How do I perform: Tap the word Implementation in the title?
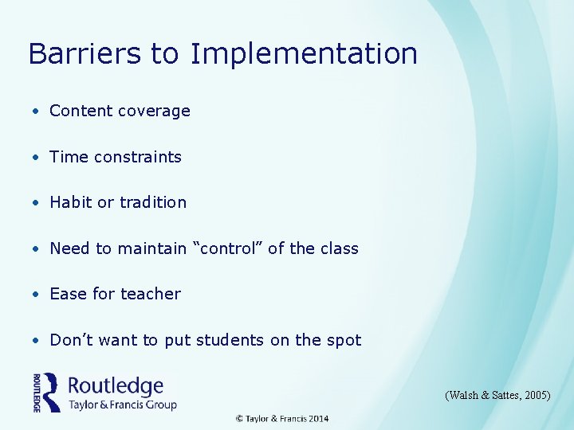tap(304, 54)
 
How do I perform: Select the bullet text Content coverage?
tap(120, 111)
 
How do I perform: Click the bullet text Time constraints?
tap(116, 157)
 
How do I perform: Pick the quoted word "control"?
tap(230, 248)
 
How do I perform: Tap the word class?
tap(339, 248)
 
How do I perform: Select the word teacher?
tap(151, 294)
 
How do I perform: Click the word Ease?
tap(69, 294)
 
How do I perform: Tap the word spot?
tap(344, 340)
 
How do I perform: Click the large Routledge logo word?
tap(116, 386)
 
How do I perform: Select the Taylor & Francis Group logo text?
tap(122, 405)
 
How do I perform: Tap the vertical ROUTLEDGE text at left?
tap(37, 393)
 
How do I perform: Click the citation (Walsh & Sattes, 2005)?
tap(498, 395)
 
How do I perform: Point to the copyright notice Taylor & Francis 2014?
tap(281, 419)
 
